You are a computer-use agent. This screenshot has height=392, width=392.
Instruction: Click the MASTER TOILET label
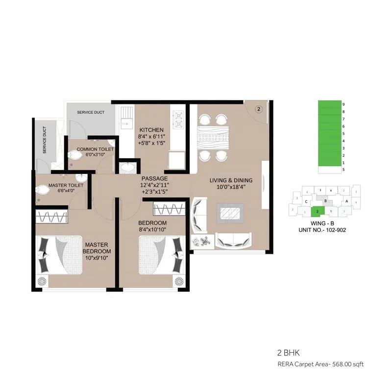point(66,186)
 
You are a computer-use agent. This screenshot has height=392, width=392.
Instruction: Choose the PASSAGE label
point(154,178)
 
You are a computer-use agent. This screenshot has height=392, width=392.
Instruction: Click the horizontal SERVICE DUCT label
point(91,113)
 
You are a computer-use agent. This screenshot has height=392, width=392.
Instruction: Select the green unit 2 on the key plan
point(318,211)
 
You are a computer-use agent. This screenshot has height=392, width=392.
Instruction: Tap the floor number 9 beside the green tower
point(344,104)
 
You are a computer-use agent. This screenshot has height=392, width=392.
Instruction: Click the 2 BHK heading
point(286,352)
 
